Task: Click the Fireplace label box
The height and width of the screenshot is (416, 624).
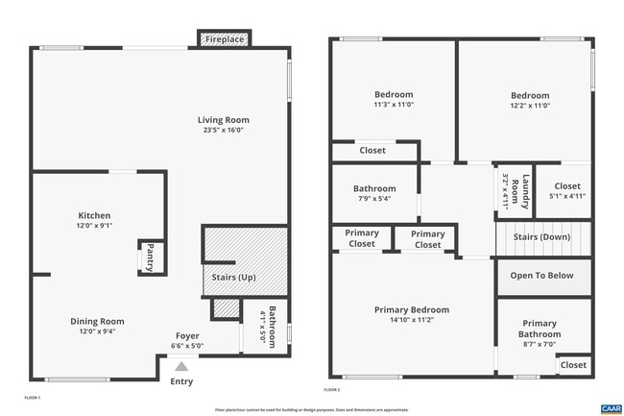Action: click(226, 39)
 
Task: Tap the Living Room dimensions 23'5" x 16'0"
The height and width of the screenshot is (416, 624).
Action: click(223, 130)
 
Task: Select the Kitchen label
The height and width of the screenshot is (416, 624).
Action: click(94, 215)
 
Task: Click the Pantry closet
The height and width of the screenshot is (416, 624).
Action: click(150, 257)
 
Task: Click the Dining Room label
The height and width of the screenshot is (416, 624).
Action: click(97, 321)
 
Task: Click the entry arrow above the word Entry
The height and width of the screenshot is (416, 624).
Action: click(180, 366)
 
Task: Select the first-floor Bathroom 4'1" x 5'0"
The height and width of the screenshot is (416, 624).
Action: click(265, 327)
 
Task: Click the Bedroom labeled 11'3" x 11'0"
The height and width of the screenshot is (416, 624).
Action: click(394, 100)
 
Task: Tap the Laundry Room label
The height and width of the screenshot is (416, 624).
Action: click(515, 191)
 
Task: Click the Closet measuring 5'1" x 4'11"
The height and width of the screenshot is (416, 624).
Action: click(566, 191)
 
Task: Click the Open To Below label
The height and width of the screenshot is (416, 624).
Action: click(542, 276)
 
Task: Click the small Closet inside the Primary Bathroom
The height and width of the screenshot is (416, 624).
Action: click(573, 365)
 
